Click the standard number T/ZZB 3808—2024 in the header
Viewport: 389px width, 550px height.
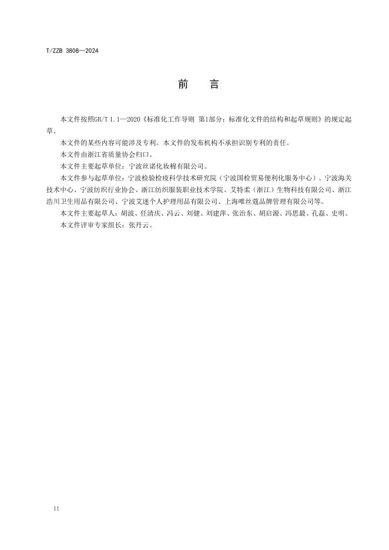pyautogui.click(x=71, y=51)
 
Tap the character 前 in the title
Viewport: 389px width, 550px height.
pyautogui.click(x=182, y=85)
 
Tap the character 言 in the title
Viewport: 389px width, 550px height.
pyautogui.click(x=214, y=85)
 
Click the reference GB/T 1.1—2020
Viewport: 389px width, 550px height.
pyautogui.click(x=116, y=119)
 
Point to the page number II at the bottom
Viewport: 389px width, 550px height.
pyautogui.click(x=56, y=507)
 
